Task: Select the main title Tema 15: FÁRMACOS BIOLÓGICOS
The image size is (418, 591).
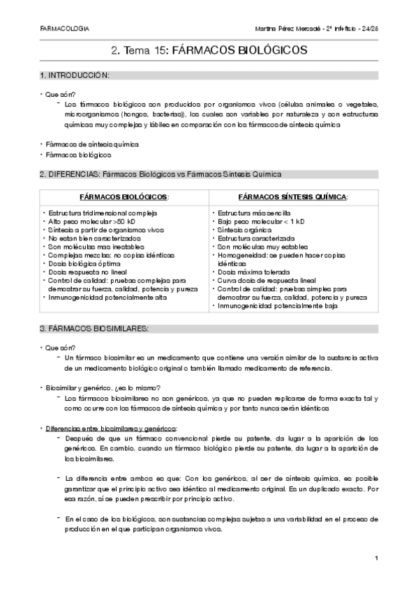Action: click(x=209, y=51)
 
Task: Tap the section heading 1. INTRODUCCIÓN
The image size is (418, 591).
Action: click(x=75, y=75)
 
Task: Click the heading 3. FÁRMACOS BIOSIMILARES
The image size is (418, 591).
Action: click(x=93, y=328)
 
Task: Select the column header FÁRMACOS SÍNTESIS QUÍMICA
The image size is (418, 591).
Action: click(x=293, y=197)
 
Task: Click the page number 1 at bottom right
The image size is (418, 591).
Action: click(x=376, y=558)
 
